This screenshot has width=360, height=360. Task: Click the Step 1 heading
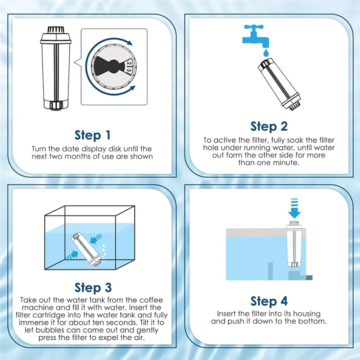click(93, 135)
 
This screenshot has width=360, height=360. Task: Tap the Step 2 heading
click(269, 126)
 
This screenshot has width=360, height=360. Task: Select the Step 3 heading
click(93, 288)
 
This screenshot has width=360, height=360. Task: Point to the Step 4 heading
click(269, 301)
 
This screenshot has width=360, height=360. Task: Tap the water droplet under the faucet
click(266, 53)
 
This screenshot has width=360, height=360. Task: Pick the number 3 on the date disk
click(129, 71)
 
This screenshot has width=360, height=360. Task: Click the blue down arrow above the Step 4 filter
click(294, 208)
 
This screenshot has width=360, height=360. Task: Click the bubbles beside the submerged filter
click(103, 252)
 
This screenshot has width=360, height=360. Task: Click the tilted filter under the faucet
click(279, 84)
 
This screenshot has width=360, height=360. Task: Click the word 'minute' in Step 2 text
click(286, 163)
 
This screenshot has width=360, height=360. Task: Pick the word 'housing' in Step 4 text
click(307, 314)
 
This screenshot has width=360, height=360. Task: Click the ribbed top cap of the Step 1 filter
click(56, 30)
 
